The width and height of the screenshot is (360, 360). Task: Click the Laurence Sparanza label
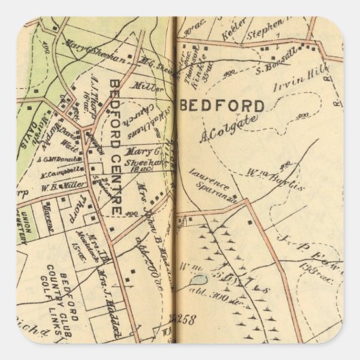click(x=213, y=176)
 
